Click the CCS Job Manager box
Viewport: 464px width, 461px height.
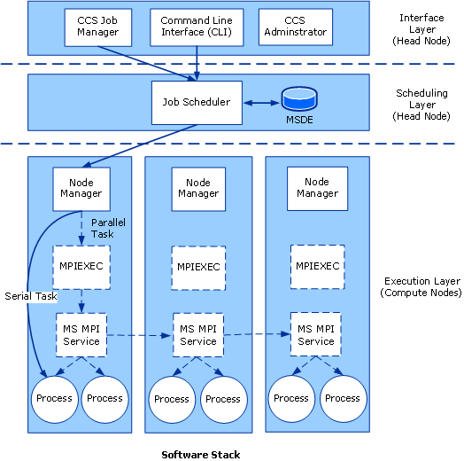click(x=97, y=27)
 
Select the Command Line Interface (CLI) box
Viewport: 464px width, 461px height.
click(x=196, y=27)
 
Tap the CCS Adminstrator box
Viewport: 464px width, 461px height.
click(x=296, y=27)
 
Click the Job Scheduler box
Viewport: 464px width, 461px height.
click(x=196, y=102)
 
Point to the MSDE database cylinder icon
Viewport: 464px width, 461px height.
click(x=298, y=98)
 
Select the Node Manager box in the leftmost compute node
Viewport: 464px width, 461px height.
click(x=81, y=188)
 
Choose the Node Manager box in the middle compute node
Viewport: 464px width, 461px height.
click(x=198, y=188)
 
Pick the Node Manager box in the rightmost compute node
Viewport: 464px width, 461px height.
click(x=317, y=188)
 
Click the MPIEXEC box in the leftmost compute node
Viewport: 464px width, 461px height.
click(x=81, y=265)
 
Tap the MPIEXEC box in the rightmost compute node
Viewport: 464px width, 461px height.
click(x=317, y=265)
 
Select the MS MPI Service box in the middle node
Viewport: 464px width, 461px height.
click(x=198, y=335)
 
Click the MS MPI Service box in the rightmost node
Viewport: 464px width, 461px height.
click(x=317, y=335)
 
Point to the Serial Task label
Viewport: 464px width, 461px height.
click(x=29, y=295)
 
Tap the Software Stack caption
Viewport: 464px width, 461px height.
click(x=200, y=454)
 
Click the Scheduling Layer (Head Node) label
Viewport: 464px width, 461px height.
click(x=421, y=105)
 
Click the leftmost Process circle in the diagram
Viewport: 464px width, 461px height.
click(x=55, y=399)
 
